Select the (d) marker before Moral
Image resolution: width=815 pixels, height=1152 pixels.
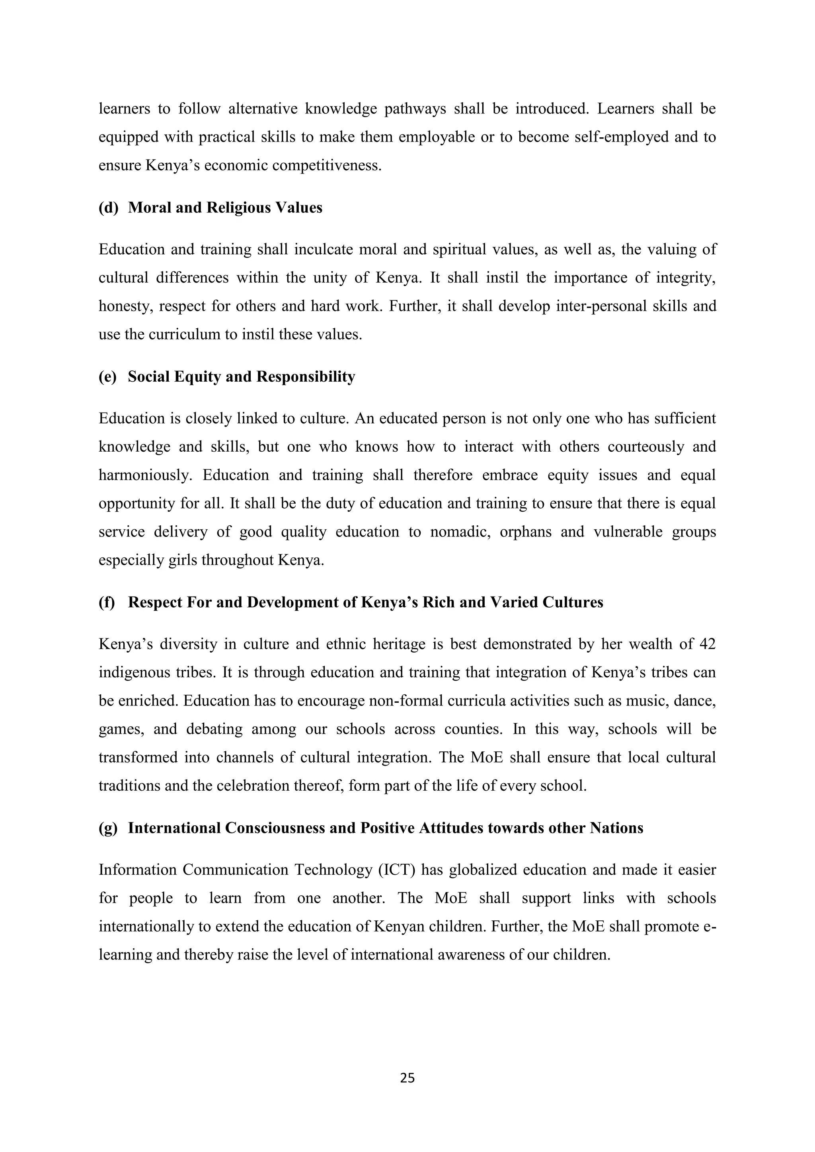tap(108, 208)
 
